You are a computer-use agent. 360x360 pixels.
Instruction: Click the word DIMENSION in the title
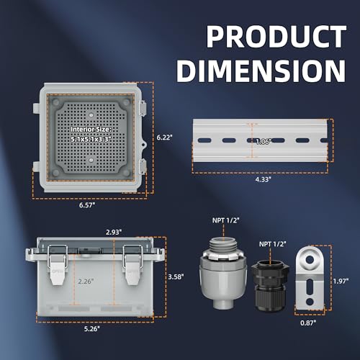(260, 70)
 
